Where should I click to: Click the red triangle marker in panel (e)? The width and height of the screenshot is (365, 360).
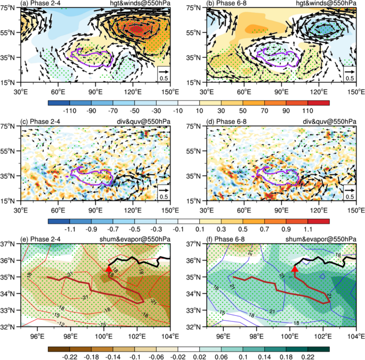(x=109, y=270)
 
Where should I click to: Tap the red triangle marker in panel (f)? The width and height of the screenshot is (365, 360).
(x=295, y=270)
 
